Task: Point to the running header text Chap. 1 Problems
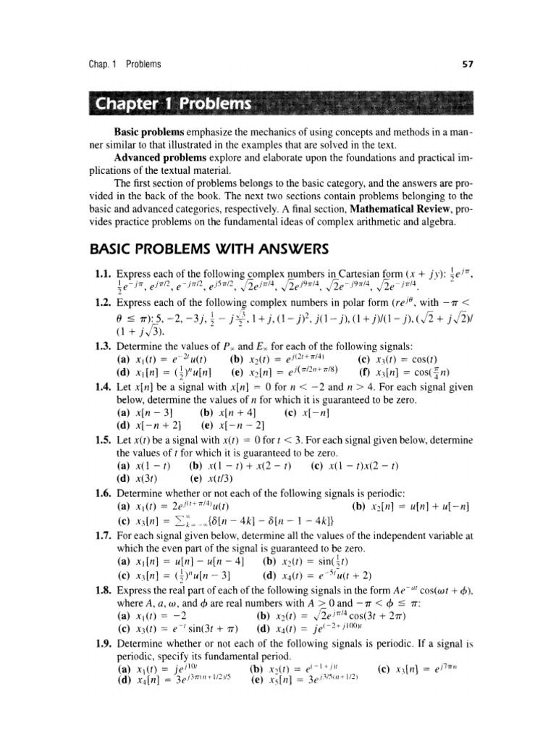coord(121,64)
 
